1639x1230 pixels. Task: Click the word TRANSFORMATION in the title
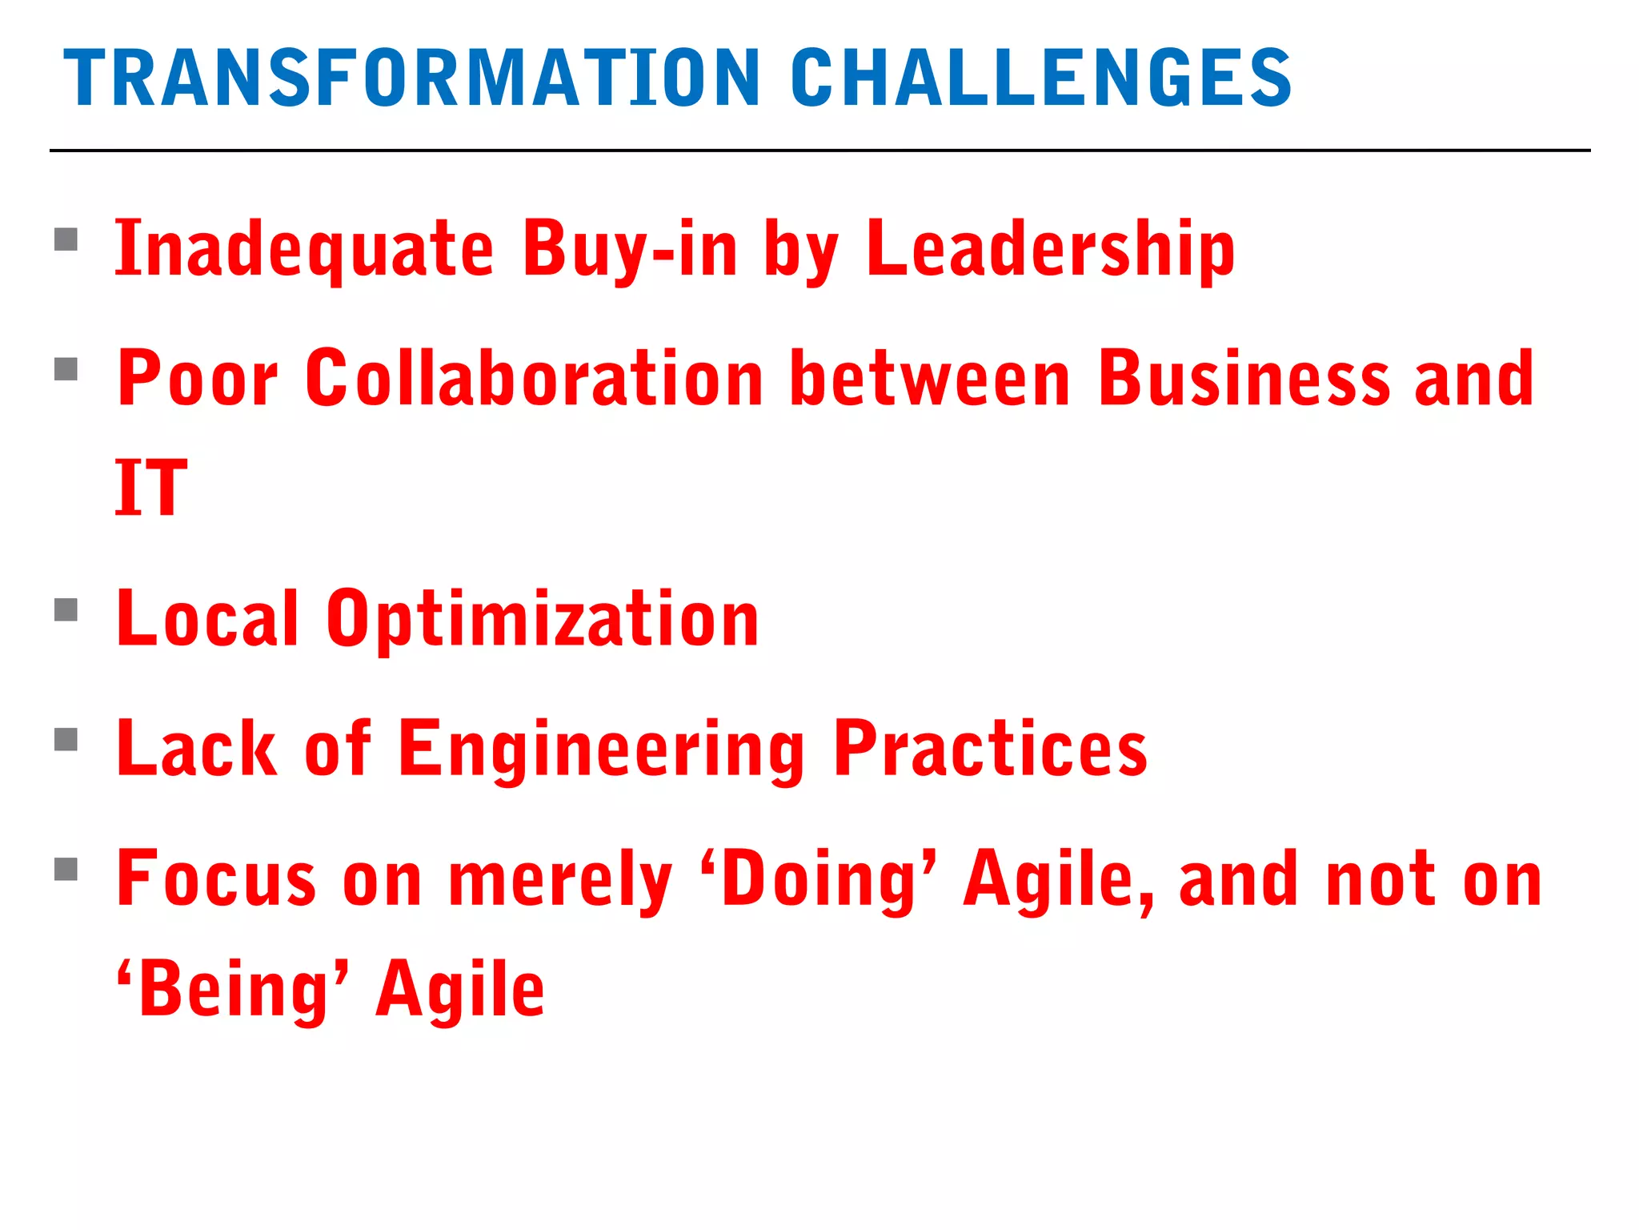411,78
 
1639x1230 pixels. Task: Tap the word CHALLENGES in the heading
1040,78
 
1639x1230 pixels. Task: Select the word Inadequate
304,250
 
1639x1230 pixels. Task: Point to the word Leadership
1050,250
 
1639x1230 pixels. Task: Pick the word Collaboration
534,379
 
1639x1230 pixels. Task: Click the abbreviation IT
151,488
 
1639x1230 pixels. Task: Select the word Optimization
542,619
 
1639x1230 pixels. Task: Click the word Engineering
601,749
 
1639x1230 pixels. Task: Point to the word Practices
990,749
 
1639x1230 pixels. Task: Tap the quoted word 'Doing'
818,878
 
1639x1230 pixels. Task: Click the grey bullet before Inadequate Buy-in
66,240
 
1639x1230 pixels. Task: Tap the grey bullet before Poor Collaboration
66,369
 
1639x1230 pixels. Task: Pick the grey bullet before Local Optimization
66,610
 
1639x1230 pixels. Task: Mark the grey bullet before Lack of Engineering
66,739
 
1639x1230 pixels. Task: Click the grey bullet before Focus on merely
66,869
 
